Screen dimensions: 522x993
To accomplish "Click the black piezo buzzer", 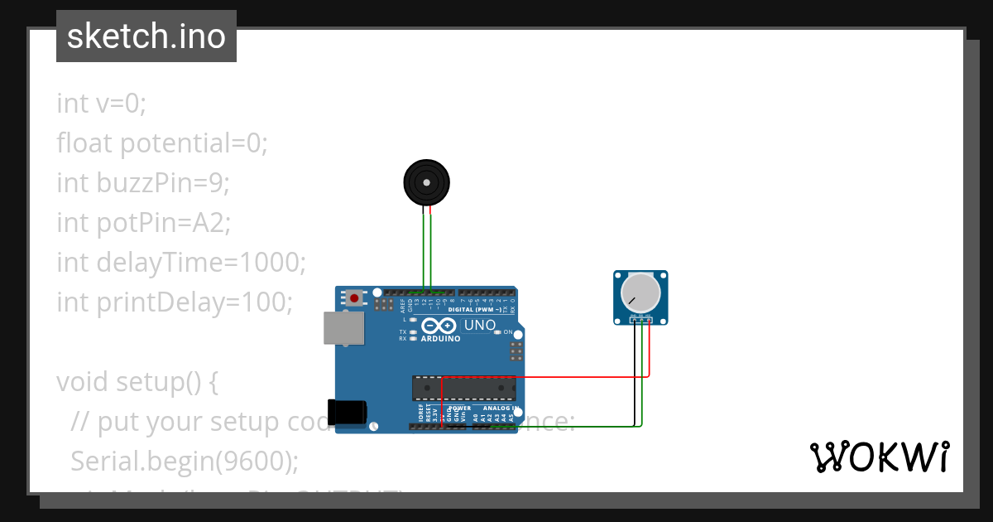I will coord(426,182).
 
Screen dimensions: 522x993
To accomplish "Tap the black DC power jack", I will coord(347,412).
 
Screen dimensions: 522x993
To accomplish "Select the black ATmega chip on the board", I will coord(463,388).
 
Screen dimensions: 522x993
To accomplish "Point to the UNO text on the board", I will coord(480,325).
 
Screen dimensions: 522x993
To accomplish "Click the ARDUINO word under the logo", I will coord(440,338).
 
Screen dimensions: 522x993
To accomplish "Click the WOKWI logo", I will coord(880,457).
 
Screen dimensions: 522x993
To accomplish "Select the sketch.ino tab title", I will coord(146,36).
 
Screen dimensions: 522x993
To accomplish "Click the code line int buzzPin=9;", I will coord(142,182).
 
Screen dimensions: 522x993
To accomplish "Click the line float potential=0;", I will coord(162,143).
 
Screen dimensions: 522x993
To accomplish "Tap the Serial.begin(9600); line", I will coord(184,461).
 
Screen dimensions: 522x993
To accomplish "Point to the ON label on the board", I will coord(507,331).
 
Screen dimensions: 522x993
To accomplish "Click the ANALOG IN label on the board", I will coord(501,408).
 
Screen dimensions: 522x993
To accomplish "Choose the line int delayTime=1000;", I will coord(181,262).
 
